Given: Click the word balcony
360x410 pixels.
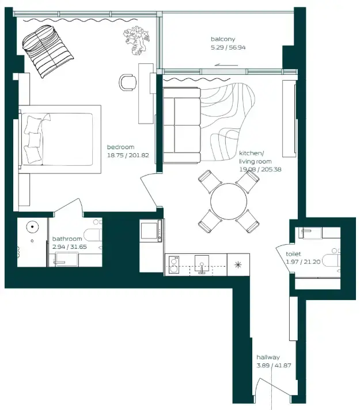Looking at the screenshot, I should click(x=223, y=39).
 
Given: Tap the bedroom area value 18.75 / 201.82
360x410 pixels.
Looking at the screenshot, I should click(x=128, y=154).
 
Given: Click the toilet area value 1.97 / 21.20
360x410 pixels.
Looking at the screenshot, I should click(x=304, y=262).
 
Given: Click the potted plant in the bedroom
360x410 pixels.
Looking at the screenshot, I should click(x=137, y=41).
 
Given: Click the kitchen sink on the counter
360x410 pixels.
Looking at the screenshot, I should click(x=202, y=264).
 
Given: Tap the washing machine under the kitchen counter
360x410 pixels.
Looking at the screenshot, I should click(x=175, y=265).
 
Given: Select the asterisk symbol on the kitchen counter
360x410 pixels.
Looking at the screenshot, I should click(x=238, y=265).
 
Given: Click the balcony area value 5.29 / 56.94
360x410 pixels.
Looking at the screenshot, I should click(x=228, y=47).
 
